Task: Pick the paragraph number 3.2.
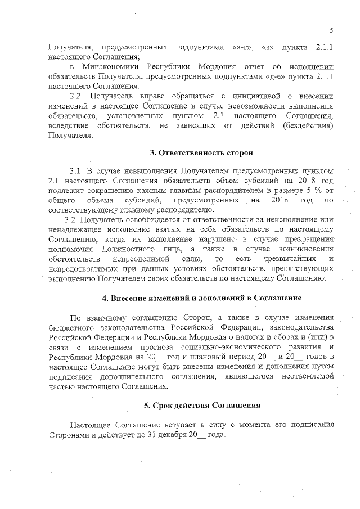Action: point(73,218)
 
